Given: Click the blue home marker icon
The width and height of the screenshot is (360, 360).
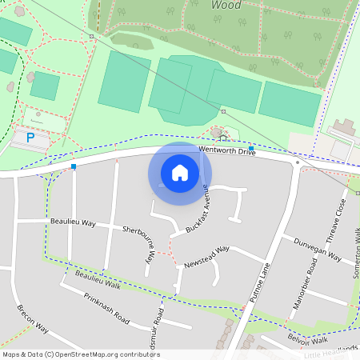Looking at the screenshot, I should (x=180, y=172).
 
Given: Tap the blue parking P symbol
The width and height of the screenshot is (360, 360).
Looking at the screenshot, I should (x=30, y=138).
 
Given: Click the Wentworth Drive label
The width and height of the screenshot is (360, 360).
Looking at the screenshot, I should (x=226, y=150).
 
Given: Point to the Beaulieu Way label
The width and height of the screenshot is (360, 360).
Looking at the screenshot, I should (x=72, y=223).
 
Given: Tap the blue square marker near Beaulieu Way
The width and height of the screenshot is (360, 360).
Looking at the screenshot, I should (x=74, y=166).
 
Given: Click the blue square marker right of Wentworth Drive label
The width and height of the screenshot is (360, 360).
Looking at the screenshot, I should (x=251, y=149).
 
